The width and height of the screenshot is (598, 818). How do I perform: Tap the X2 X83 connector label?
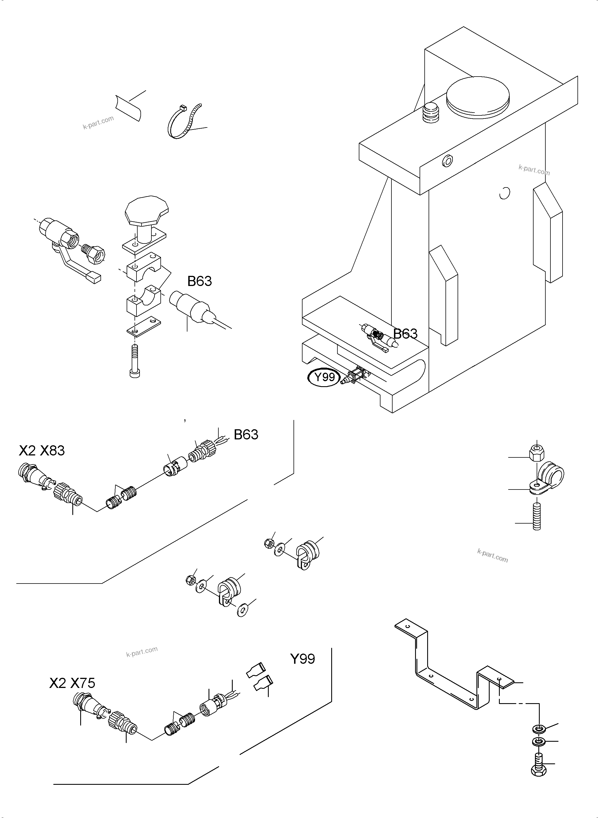click(x=42, y=450)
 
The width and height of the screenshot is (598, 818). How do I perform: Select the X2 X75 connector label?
click(x=72, y=683)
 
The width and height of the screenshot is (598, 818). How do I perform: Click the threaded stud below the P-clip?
click(x=536, y=518)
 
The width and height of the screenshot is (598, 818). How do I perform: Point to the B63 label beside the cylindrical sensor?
click(x=200, y=281)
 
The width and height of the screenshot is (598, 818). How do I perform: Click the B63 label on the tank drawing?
click(x=406, y=333)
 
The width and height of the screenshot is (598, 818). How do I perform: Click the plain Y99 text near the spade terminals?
click(x=302, y=659)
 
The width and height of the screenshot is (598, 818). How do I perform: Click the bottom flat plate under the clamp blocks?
click(x=144, y=327)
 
